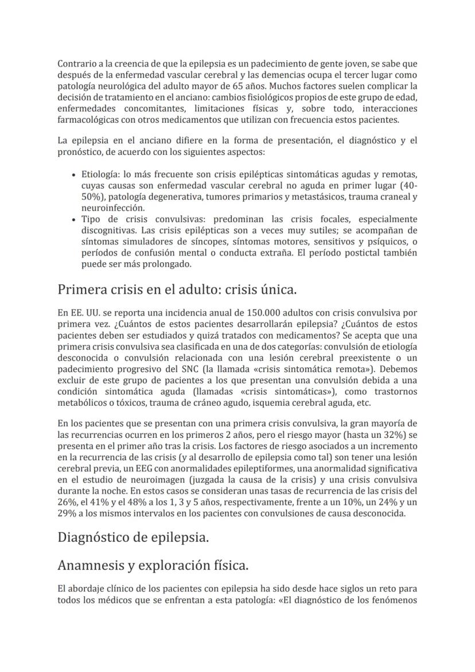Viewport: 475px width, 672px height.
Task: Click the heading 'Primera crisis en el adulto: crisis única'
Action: (177, 290)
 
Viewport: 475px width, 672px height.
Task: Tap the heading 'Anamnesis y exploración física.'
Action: (153, 565)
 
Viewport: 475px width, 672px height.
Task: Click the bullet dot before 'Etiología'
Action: (75, 174)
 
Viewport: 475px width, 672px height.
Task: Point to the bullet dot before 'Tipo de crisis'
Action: (75, 220)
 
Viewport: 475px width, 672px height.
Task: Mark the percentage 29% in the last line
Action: (67, 514)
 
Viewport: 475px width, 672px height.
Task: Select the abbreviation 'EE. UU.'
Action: (79, 313)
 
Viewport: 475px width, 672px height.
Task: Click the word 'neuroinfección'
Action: (113, 208)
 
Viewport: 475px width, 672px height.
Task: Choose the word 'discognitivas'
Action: (110, 231)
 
